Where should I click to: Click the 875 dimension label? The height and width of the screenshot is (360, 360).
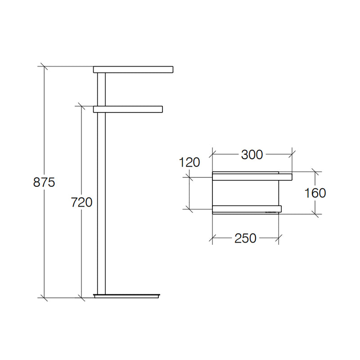[44, 182]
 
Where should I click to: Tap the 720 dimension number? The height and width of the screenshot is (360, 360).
[81, 202]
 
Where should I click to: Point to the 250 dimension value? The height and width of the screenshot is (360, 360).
[245, 238]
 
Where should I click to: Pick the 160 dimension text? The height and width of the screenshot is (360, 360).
[315, 193]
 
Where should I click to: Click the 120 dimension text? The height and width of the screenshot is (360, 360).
[189, 162]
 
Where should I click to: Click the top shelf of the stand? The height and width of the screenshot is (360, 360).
[133, 70]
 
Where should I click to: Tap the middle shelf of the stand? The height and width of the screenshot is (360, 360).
[128, 109]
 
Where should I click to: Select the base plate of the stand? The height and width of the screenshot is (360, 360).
[127, 296]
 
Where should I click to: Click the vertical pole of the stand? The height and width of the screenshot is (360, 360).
[101, 183]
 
